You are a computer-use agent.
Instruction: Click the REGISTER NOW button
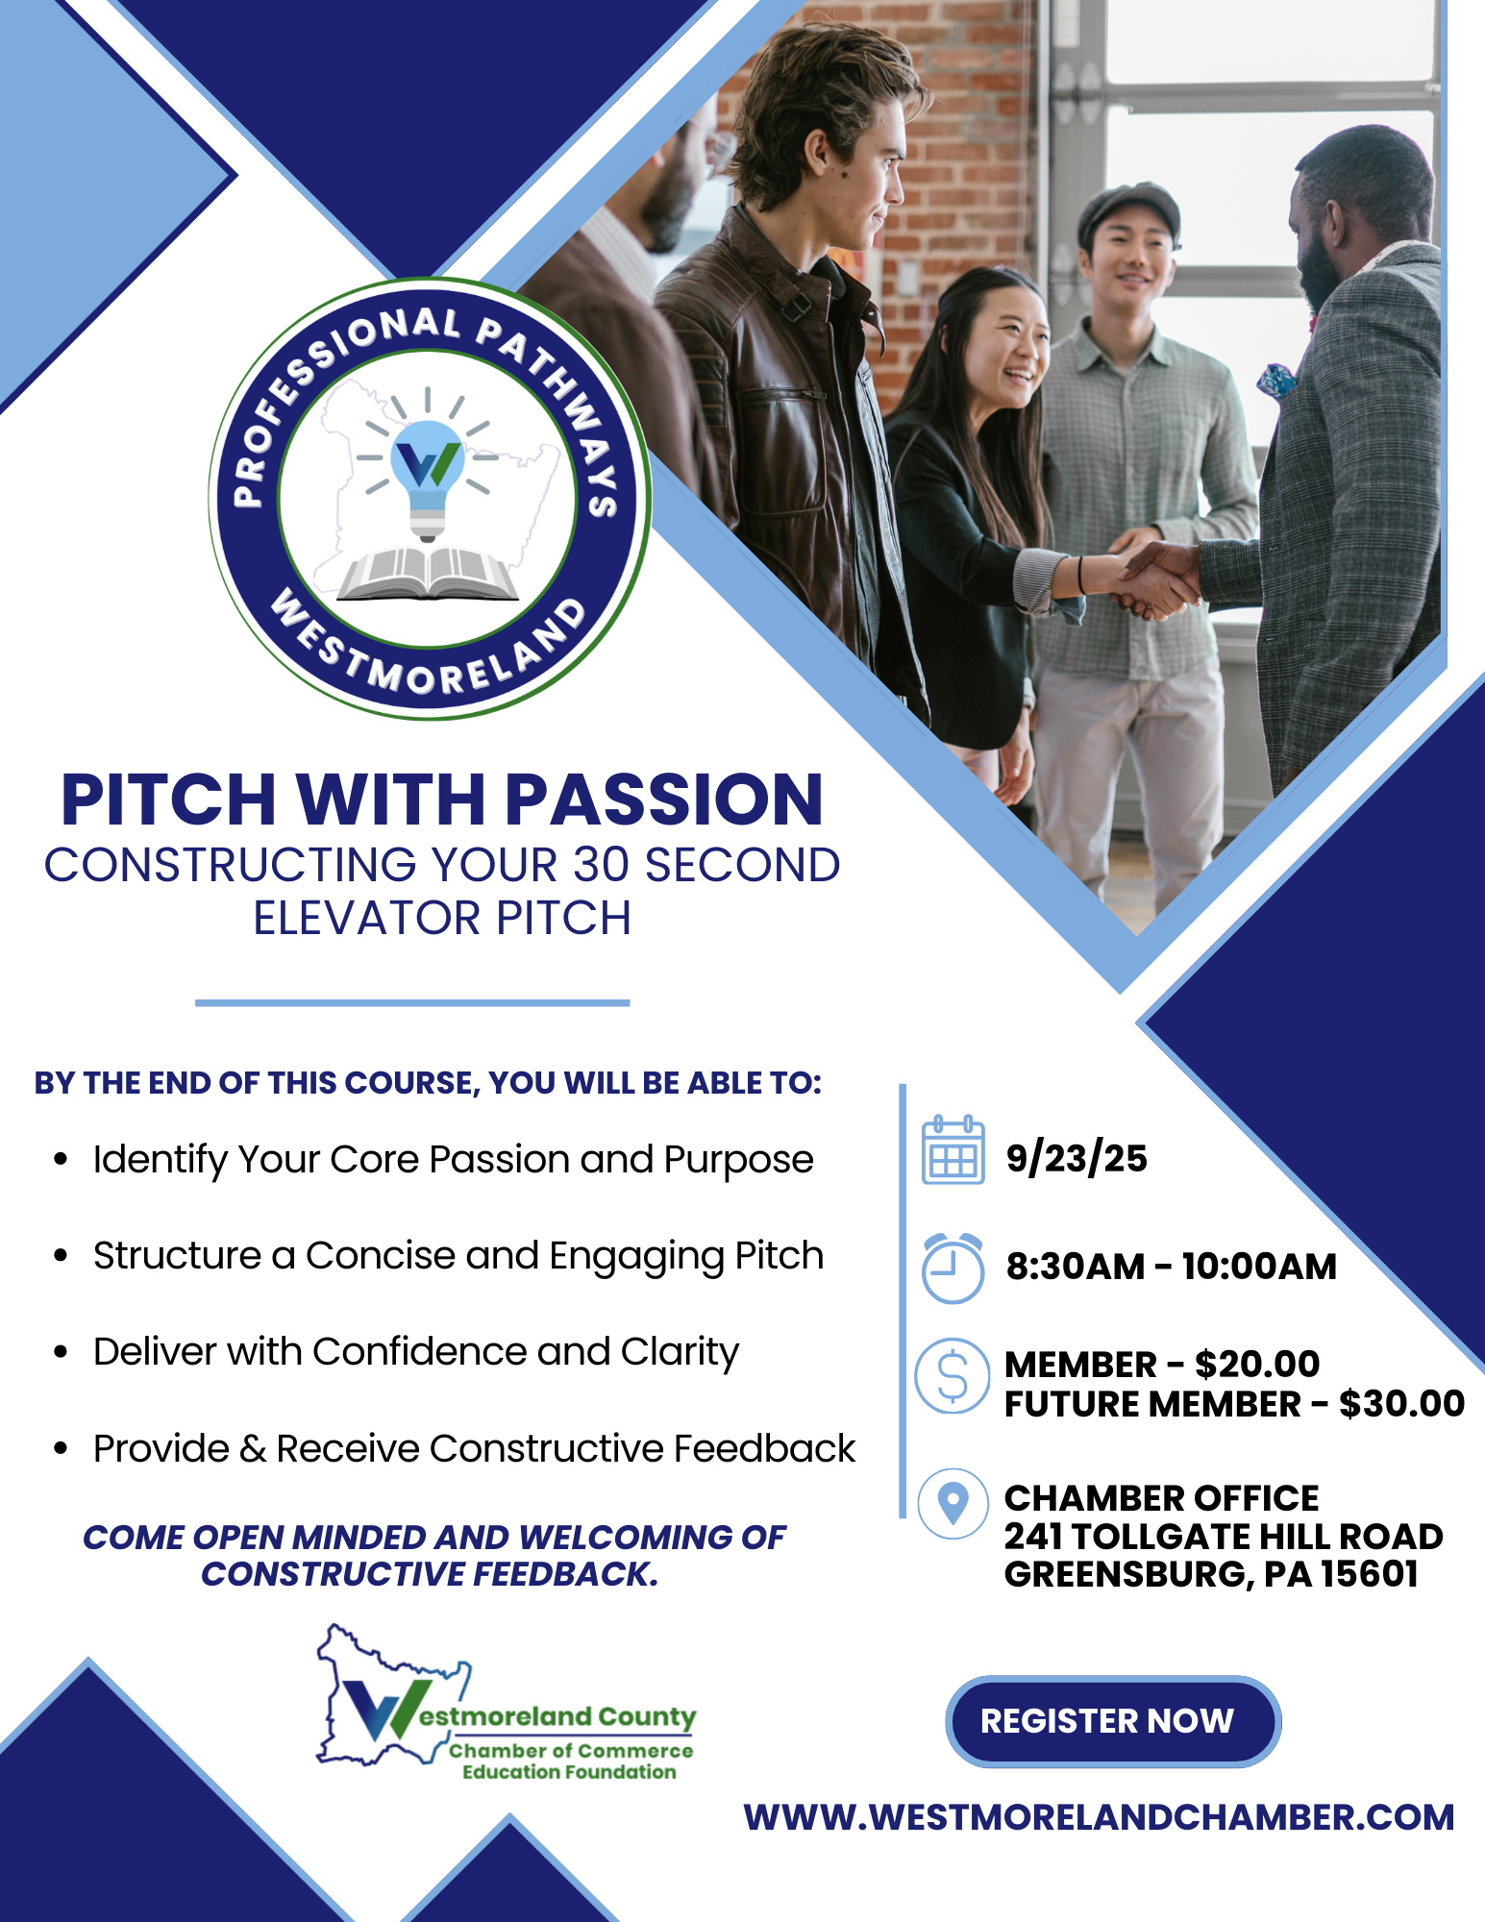coord(1112,1721)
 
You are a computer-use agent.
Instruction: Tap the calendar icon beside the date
coord(953,1150)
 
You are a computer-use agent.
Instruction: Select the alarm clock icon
coord(953,1268)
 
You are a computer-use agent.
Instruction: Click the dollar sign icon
coord(952,1376)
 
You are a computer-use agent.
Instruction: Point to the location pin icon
coord(953,1503)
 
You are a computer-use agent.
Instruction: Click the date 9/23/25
coord(1077,1158)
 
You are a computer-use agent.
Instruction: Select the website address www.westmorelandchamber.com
coord(1099,1818)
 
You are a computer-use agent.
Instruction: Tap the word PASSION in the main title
coord(664,800)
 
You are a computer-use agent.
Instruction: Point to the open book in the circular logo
coord(429,574)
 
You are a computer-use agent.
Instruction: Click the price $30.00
coord(1401,1404)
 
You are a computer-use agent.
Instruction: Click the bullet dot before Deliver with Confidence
coord(62,1352)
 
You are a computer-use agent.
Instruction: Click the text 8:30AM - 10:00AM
coord(1171,1267)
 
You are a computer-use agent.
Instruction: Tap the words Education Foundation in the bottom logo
coord(569,1772)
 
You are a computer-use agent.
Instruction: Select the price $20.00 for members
coord(1257,1364)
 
